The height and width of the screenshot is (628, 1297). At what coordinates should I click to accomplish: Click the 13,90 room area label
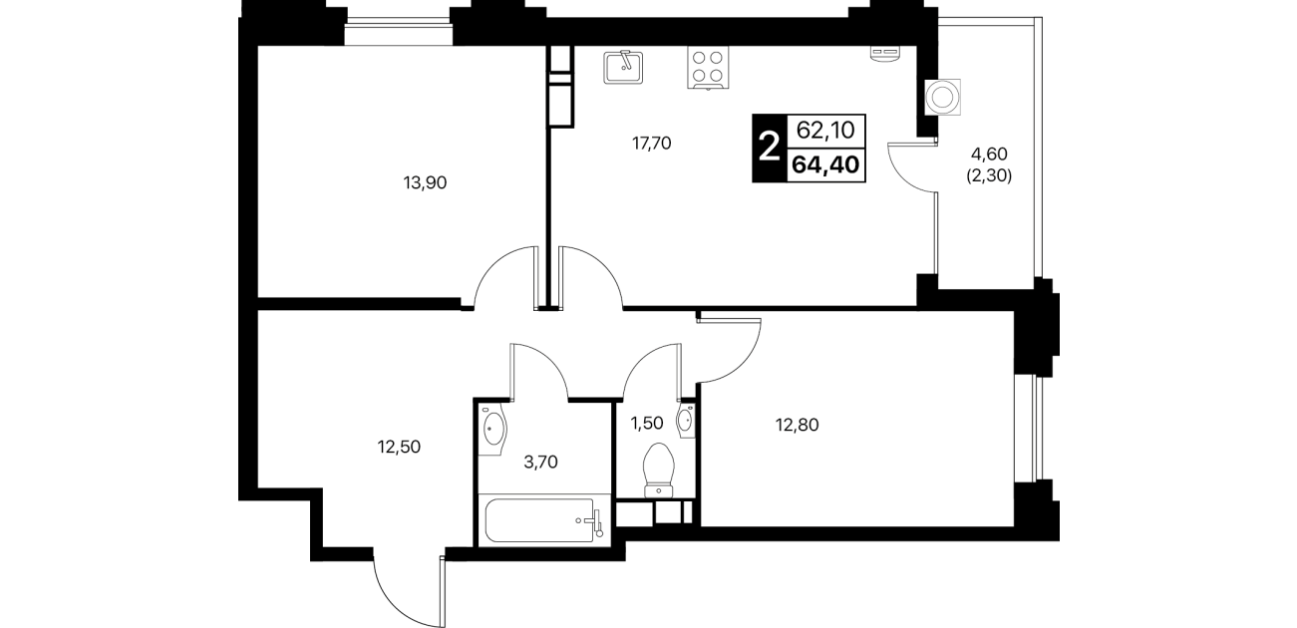(425, 182)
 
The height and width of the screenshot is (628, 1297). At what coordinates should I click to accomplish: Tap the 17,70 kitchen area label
(651, 143)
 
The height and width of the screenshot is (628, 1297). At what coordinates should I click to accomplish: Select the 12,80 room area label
(798, 426)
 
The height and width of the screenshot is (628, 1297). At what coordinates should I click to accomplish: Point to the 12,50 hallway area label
(399, 447)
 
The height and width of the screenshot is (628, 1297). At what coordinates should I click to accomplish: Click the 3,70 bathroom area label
(540, 462)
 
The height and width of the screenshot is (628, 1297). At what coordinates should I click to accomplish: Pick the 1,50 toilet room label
(646, 423)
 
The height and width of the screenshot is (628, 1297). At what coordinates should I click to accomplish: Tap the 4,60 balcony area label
(989, 154)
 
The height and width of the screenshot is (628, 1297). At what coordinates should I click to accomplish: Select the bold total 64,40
(825, 164)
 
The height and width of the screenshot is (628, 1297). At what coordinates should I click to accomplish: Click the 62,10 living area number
(825, 131)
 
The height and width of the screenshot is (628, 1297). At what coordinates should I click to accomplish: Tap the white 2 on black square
(769, 149)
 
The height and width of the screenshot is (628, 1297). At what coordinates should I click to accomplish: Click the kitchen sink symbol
(623, 67)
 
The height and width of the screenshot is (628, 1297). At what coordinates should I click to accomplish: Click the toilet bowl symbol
(660, 470)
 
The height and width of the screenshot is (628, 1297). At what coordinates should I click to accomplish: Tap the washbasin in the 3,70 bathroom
(492, 430)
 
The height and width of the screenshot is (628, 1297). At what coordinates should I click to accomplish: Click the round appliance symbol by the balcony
(942, 98)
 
